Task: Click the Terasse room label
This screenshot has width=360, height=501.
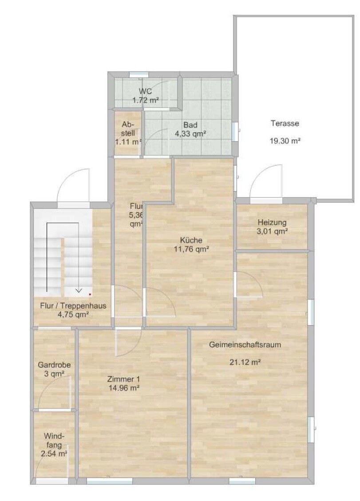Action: pyautogui.click(x=285, y=123)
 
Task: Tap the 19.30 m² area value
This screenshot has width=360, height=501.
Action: pyautogui.click(x=285, y=141)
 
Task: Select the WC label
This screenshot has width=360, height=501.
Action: pyautogui.click(x=145, y=91)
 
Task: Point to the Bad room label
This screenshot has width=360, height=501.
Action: pyautogui.click(x=190, y=125)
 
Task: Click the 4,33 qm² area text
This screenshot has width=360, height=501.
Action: pyautogui.click(x=190, y=134)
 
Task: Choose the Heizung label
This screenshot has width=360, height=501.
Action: pyautogui.click(x=272, y=222)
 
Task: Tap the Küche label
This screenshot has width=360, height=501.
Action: pyautogui.click(x=191, y=240)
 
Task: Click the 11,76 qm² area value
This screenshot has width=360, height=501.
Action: pyautogui.click(x=191, y=249)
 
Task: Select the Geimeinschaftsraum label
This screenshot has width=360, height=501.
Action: pyautogui.click(x=245, y=345)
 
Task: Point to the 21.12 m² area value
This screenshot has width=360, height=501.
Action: pyautogui.click(x=245, y=362)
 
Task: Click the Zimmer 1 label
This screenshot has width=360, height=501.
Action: pyautogui.click(x=123, y=379)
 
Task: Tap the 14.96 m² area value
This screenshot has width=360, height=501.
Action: pyautogui.click(x=124, y=388)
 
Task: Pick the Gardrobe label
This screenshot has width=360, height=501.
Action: pyautogui.click(x=54, y=365)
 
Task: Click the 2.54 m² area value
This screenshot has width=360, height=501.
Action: pyautogui.click(x=54, y=453)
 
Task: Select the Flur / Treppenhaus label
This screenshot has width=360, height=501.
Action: pyautogui.click(x=73, y=306)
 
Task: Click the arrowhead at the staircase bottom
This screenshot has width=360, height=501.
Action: pyautogui.click(x=78, y=291)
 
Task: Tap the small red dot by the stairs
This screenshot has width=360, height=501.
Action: pyautogui.click(x=90, y=294)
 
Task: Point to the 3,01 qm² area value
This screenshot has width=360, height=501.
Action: pyautogui.click(x=272, y=231)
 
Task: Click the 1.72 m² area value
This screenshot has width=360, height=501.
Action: pyautogui.click(x=146, y=100)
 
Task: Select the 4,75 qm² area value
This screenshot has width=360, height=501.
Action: pyautogui.click(x=73, y=315)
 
